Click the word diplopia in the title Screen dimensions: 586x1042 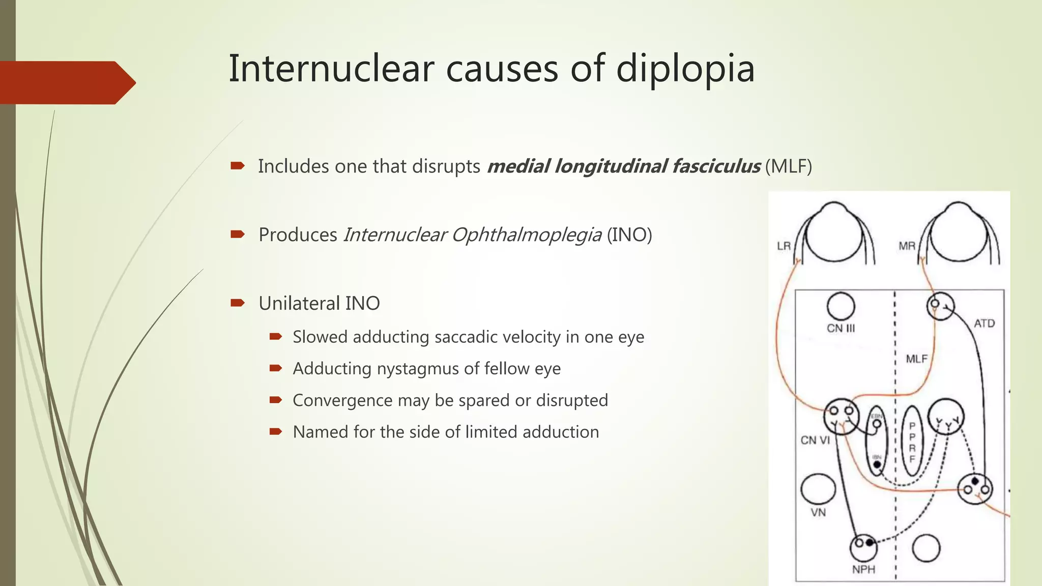pyautogui.click(x=685, y=69)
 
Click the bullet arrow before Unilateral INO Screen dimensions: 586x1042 pyautogui.click(x=238, y=303)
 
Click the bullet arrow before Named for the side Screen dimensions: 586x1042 pyautogui.click(x=276, y=432)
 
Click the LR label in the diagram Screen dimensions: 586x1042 pyautogui.click(x=784, y=246)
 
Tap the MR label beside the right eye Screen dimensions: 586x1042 pyautogui.click(x=907, y=246)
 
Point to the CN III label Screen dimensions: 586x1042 pyautogui.click(x=841, y=329)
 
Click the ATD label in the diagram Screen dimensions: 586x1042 pyautogui.click(x=984, y=324)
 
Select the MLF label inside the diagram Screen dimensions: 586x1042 pyautogui.click(x=917, y=359)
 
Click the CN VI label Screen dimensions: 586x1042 pyautogui.click(x=815, y=440)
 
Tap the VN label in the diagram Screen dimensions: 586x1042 pyautogui.click(x=818, y=513)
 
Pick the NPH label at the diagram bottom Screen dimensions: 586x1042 pyautogui.click(x=863, y=570)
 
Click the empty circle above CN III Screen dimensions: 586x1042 pyautogui.click(x=841, y=306)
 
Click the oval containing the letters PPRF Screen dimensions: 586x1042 pyautogui.click(x=912, y=441)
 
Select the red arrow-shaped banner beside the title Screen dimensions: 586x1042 pyautogui.click(x=66, y=83)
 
